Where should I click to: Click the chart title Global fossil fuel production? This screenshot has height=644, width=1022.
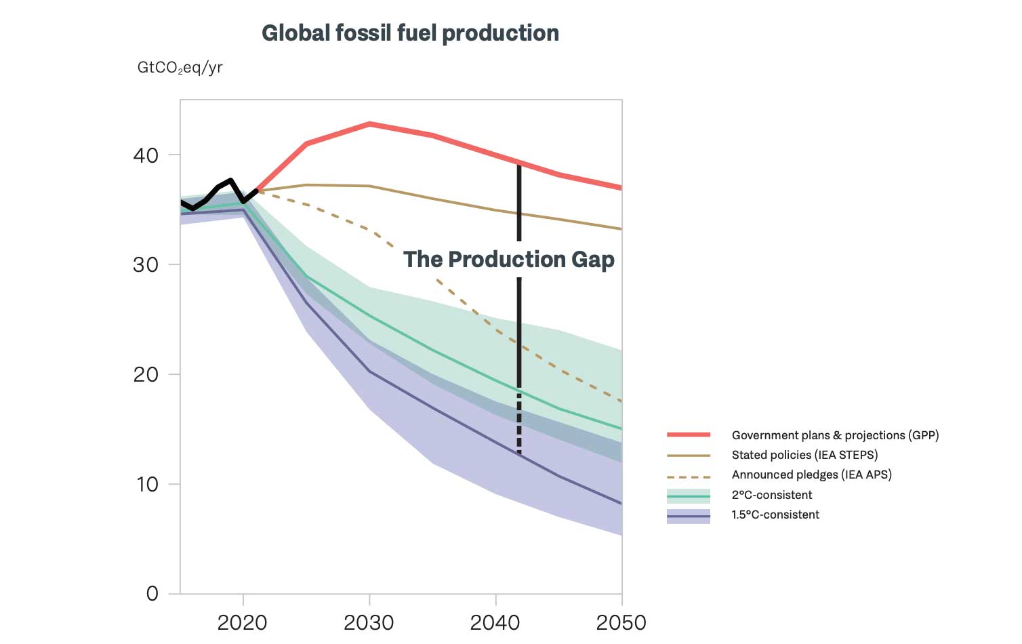(410, 33)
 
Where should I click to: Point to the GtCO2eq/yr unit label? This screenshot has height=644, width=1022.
(180, 68)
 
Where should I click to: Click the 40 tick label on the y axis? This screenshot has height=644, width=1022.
(146, 155)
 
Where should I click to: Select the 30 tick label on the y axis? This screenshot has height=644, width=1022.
(146, 265)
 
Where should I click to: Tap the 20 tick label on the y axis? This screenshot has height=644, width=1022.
(146, 374)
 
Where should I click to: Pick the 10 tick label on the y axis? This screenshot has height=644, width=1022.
(146, 484)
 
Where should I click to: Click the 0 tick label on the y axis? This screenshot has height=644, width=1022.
(152, 594)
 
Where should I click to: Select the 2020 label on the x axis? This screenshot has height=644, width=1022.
(243, 622)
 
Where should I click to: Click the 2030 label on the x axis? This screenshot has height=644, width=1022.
(369, 622)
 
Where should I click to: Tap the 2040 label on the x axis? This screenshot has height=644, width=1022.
(495, 622)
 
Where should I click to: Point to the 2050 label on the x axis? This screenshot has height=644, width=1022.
(621, 622)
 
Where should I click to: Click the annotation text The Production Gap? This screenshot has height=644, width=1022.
(508, 260)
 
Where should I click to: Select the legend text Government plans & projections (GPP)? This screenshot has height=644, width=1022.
(835, 435)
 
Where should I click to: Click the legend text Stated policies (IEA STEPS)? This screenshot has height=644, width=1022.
(804, 455)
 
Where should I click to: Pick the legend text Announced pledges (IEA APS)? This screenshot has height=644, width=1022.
(811, 475)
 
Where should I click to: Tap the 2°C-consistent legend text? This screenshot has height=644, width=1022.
(772, 495)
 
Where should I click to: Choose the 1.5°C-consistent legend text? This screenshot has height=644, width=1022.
(775, 515)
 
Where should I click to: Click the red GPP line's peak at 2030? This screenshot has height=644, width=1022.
(369, 124)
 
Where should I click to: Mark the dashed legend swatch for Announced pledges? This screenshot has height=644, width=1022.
(689, 477)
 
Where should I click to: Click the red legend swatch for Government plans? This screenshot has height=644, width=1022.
(689, 435)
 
